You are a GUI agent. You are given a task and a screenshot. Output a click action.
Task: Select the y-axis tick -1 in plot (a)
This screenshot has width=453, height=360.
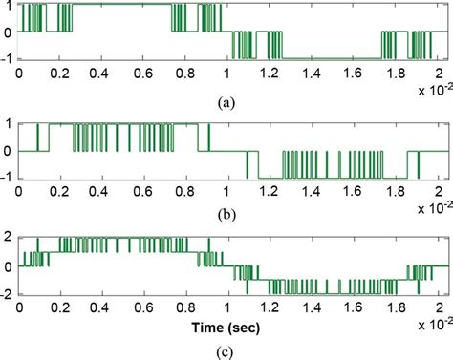click(9, 59)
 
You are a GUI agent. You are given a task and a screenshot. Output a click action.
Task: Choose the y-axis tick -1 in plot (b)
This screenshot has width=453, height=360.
click(9, 179)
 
